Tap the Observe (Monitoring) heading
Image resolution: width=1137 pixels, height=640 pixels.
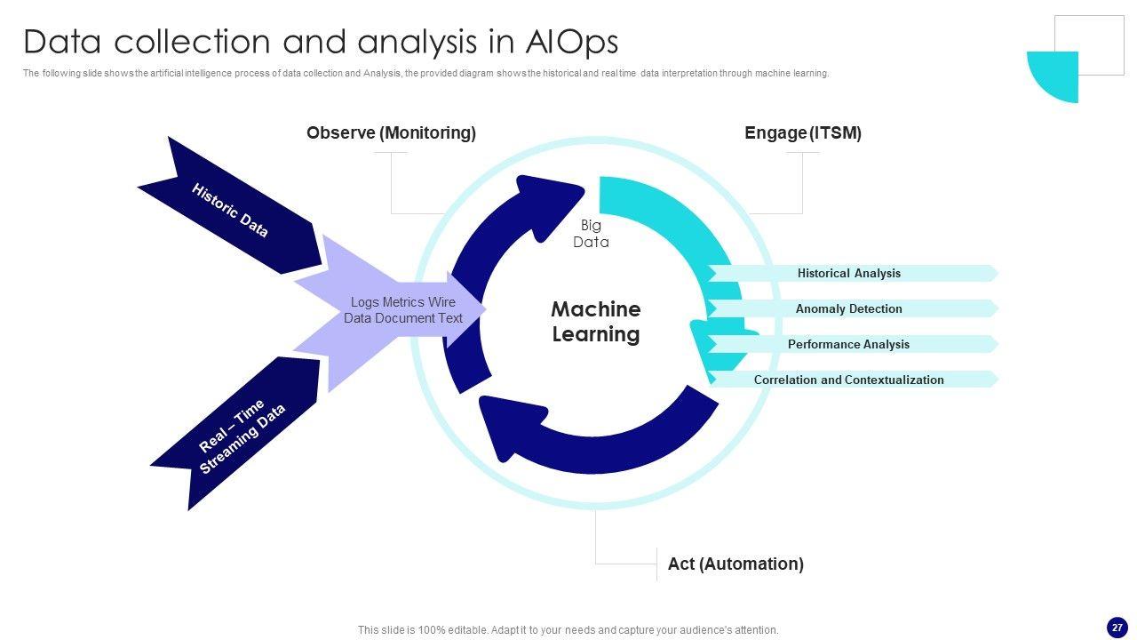tap(391, 133)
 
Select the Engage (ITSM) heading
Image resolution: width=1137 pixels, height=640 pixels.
tap(802, 133)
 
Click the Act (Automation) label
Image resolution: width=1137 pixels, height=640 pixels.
tap(735, 564)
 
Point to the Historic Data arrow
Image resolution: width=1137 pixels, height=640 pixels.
tap(229, 210)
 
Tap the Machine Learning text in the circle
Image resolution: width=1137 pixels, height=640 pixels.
tap(595, 322)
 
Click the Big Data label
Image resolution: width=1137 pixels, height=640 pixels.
tap(591, 234)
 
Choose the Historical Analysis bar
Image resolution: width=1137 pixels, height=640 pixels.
tap(848, 274)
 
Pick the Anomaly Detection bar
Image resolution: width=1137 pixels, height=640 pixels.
tap(848, 309)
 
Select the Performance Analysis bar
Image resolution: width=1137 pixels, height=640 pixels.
tap(848, 345)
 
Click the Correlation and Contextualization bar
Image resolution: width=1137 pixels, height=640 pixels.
tap(848, 380)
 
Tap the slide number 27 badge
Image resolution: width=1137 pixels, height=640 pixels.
tap(1117, 628)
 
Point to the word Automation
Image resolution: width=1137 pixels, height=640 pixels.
tap(756, 564)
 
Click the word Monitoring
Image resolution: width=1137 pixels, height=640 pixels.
tap(427, 133)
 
